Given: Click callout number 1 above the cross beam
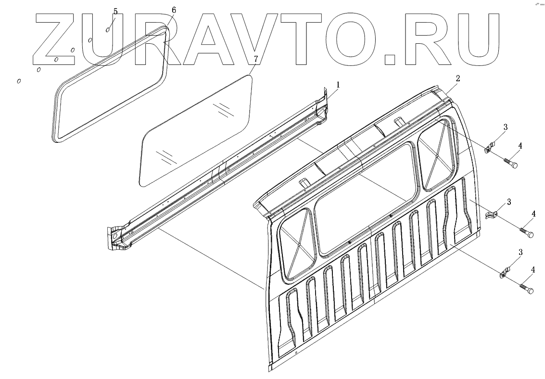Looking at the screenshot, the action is tap(338, 85).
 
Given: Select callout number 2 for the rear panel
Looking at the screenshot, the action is tap(458, 78).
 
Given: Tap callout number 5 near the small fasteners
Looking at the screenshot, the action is tap(115, 11).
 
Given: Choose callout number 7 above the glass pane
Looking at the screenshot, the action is tap(255, 58).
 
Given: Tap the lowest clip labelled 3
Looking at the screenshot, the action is tap(504, 273).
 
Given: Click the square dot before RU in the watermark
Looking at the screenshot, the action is tap(391, 59).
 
